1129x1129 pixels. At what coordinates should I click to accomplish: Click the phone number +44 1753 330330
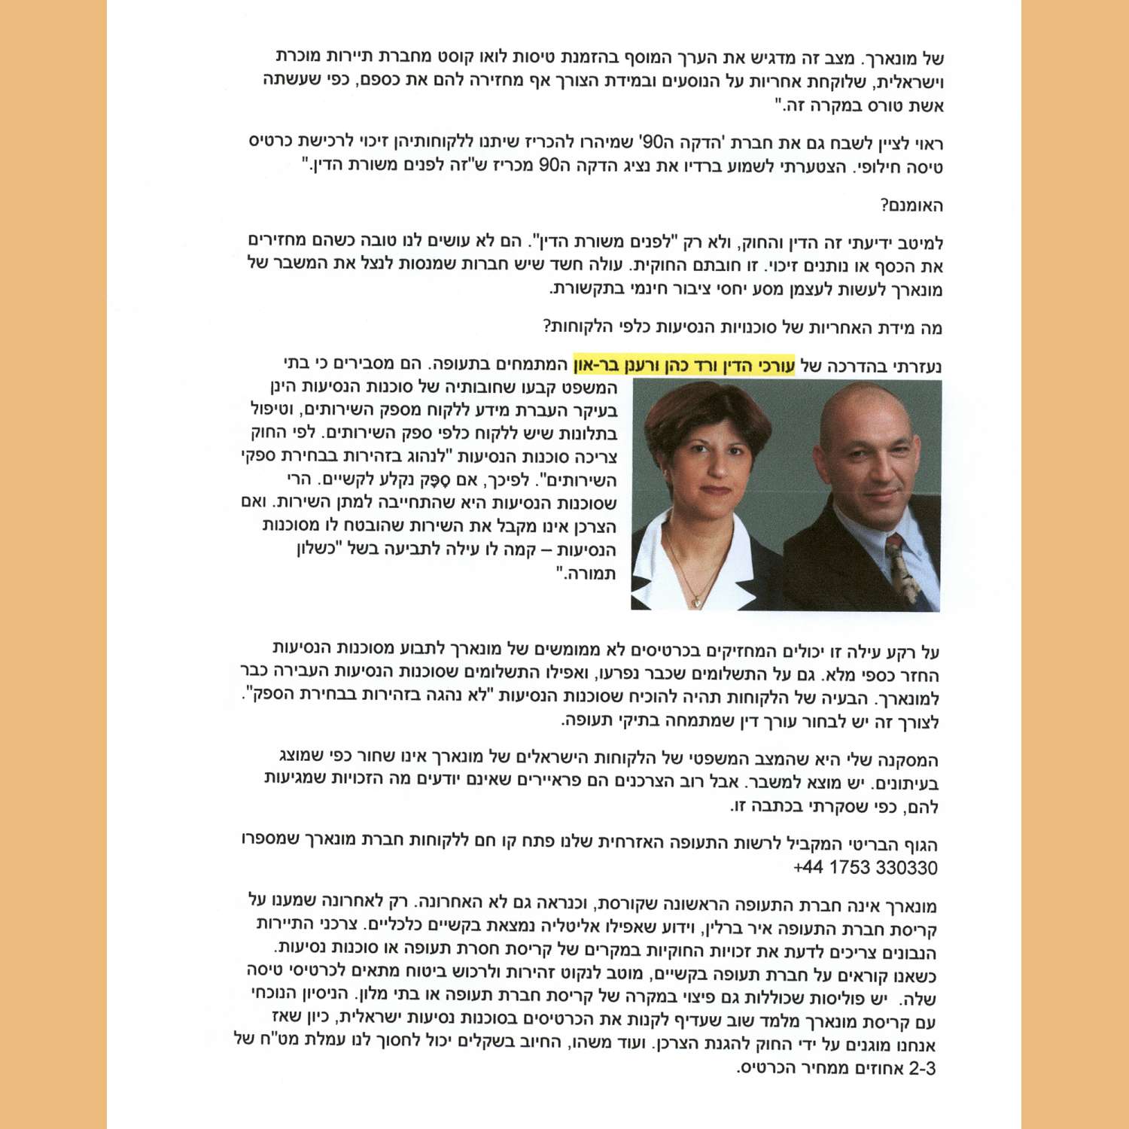pos(865,868)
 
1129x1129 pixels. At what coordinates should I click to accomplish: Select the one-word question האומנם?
pos(911,205)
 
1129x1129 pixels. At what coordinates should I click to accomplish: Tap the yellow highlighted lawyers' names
pos(683,366)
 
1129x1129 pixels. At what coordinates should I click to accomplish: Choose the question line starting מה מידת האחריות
pos(742,327)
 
